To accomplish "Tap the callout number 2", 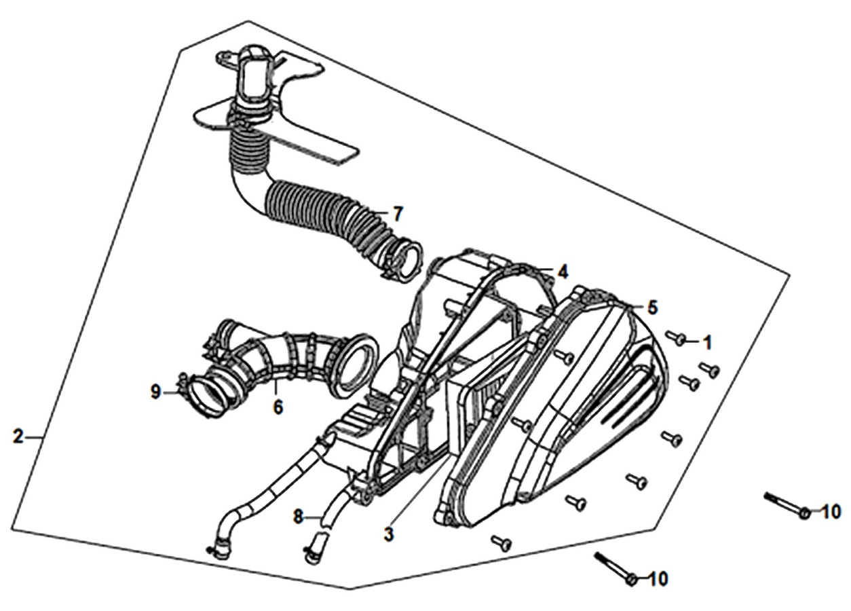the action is (x=18, y=437).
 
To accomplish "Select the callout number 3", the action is (x=388, y=535).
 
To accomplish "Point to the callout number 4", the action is (x=563, y=272).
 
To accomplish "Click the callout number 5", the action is (x=652, y=308).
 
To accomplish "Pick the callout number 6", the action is (x=278, y=408).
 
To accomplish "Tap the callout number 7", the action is (x=398, y=215).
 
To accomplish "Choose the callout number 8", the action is (x=298, y=517).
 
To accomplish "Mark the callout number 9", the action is (x=156, y=392).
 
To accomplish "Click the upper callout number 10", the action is (x=831, y=512).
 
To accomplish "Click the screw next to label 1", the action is (x=676, y=337).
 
